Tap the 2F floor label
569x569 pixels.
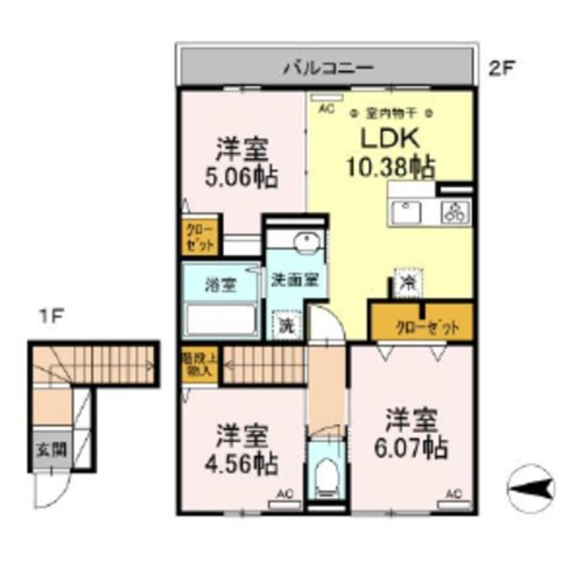pos(502,67)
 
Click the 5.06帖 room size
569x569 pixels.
pos(242,176)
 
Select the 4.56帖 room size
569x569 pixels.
pos(242,462)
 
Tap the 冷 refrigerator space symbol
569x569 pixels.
pos(407,284)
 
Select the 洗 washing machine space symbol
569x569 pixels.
pos(287,325)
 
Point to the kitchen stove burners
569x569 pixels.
pos(455,212)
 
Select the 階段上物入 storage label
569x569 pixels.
pos(197,365)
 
